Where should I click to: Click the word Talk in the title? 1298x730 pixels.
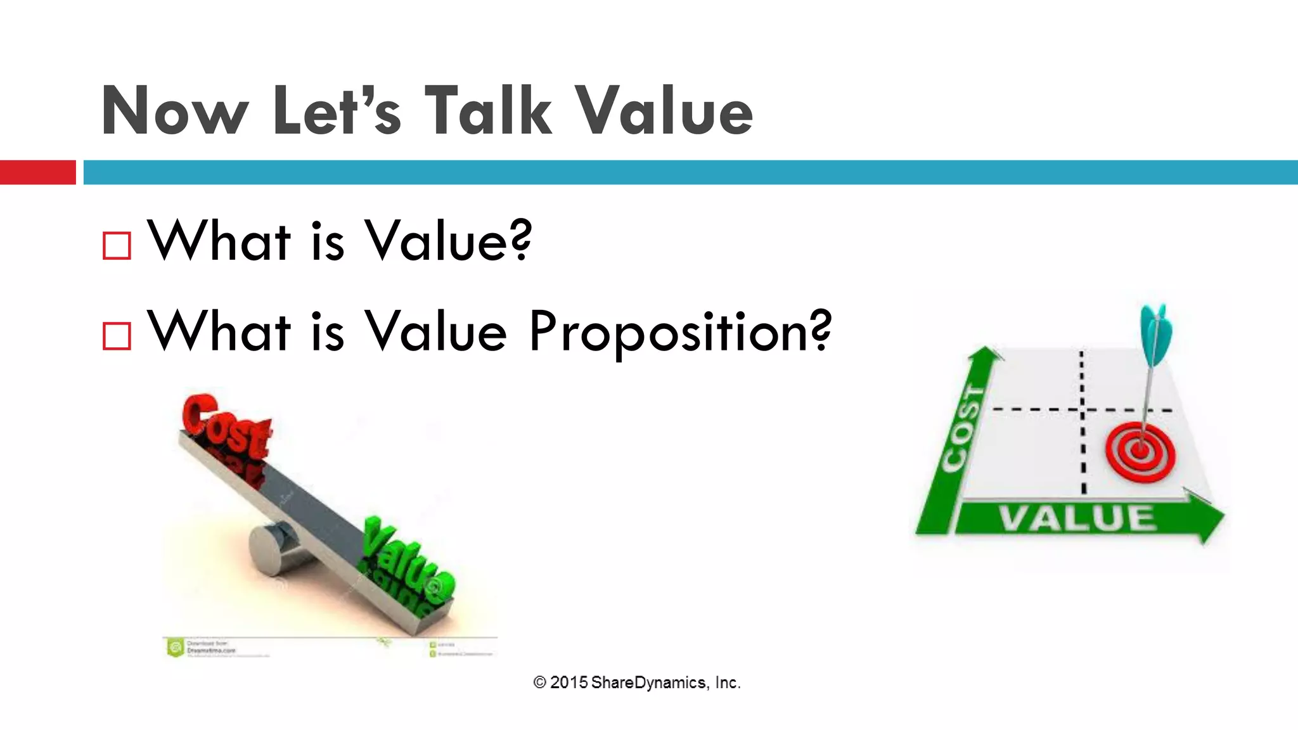pyautogui.click(x=488, y=111)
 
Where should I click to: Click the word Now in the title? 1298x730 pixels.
pyautogui.click(x=174, y=111)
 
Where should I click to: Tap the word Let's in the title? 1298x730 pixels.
pyautogui.click(x=337, y=111)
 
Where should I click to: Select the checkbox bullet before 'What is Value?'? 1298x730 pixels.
pyautogui.click(x=117, y=246)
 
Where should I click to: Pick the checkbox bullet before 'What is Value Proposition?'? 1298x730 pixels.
pyautogui.click(x=117, y=336)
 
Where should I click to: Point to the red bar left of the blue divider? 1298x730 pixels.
pyautogui.click(x=37, y=172)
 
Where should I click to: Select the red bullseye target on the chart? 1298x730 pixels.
pyautogui.click(x=1140, y=451)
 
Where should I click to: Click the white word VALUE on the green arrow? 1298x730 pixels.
pyautogui.click(x=1077, y=520)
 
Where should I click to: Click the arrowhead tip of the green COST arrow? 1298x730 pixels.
pyautogui.click(x=986, y=350)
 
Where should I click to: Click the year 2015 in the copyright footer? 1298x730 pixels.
pyautogui.click(x=569, y=682)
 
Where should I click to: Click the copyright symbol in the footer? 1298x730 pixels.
pyautogui.click(x=539, y=682)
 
